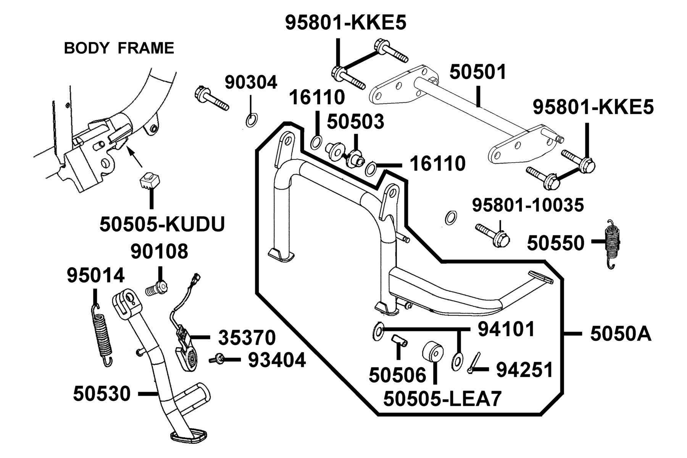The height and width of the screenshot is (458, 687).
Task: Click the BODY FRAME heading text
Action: coord(119,48)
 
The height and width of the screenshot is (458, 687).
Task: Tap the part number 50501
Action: coord(477,72)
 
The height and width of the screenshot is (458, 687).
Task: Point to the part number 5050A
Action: coord(620,334)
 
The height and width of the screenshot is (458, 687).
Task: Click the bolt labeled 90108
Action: coord(157,289)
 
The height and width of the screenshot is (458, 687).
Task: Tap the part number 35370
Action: coord(247,338)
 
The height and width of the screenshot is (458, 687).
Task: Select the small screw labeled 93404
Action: coord(216,359)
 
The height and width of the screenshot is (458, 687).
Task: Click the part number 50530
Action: coord(102,393)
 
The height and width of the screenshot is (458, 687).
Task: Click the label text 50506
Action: coord(397,376)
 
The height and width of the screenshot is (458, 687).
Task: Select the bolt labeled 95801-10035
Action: coord(493,235)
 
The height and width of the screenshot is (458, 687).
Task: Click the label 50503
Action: coord(355,122)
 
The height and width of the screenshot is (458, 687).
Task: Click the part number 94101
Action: coord(506,329)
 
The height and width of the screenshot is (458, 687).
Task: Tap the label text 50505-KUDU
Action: coord(162,224)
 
